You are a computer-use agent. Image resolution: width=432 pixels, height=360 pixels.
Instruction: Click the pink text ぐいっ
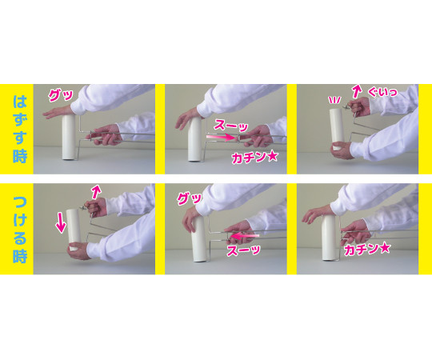click(382, 92)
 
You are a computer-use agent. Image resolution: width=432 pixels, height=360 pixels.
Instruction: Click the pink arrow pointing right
click(221, 137)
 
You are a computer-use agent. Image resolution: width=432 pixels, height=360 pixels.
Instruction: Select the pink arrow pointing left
click(245, 236)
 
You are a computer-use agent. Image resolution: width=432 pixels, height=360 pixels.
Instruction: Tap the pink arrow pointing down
click(61, 225)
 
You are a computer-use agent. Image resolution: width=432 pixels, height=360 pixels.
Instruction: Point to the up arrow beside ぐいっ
click(357, 91)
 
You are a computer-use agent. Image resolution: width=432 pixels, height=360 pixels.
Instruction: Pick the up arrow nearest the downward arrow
click(96, 192)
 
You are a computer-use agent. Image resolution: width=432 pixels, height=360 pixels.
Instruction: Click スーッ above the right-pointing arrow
click(231, 126)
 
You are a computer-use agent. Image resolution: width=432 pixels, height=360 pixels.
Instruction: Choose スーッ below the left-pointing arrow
click(243, 250)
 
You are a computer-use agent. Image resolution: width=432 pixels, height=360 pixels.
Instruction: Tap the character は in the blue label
click(20, 102)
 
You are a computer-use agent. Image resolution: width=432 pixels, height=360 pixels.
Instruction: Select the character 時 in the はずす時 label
click(20, 156)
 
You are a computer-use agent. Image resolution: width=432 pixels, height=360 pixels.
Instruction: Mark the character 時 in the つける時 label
click(20, 256)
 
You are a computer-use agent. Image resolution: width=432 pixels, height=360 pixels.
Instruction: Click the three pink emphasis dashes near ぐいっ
click(335, 100)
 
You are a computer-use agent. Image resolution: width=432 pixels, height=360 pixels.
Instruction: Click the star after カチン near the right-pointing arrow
click(272, 157)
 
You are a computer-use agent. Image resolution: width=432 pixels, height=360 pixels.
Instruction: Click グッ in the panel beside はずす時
click(60, 95)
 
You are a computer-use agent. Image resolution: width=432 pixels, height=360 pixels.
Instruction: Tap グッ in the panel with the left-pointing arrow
click(190, 198)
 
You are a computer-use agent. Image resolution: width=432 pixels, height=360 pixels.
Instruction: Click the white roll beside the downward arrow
click(74, 230)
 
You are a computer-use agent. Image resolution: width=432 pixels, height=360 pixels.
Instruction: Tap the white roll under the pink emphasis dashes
click(337, 129)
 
